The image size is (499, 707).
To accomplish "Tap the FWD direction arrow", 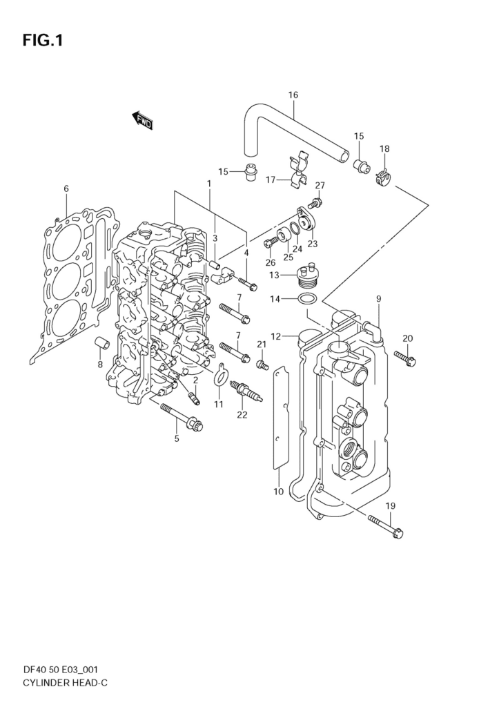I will pos(143,121).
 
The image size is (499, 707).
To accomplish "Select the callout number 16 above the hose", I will pos(293,95).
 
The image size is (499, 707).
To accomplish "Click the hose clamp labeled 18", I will pos(384,178).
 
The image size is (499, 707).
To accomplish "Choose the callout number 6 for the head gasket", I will pos(66,188).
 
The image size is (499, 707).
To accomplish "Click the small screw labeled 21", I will pos(262,363).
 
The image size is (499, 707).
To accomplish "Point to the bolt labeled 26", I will pos(271,242).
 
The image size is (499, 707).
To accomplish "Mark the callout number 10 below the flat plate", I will pos(278,492).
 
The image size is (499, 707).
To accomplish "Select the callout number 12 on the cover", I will pos(275,336).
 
